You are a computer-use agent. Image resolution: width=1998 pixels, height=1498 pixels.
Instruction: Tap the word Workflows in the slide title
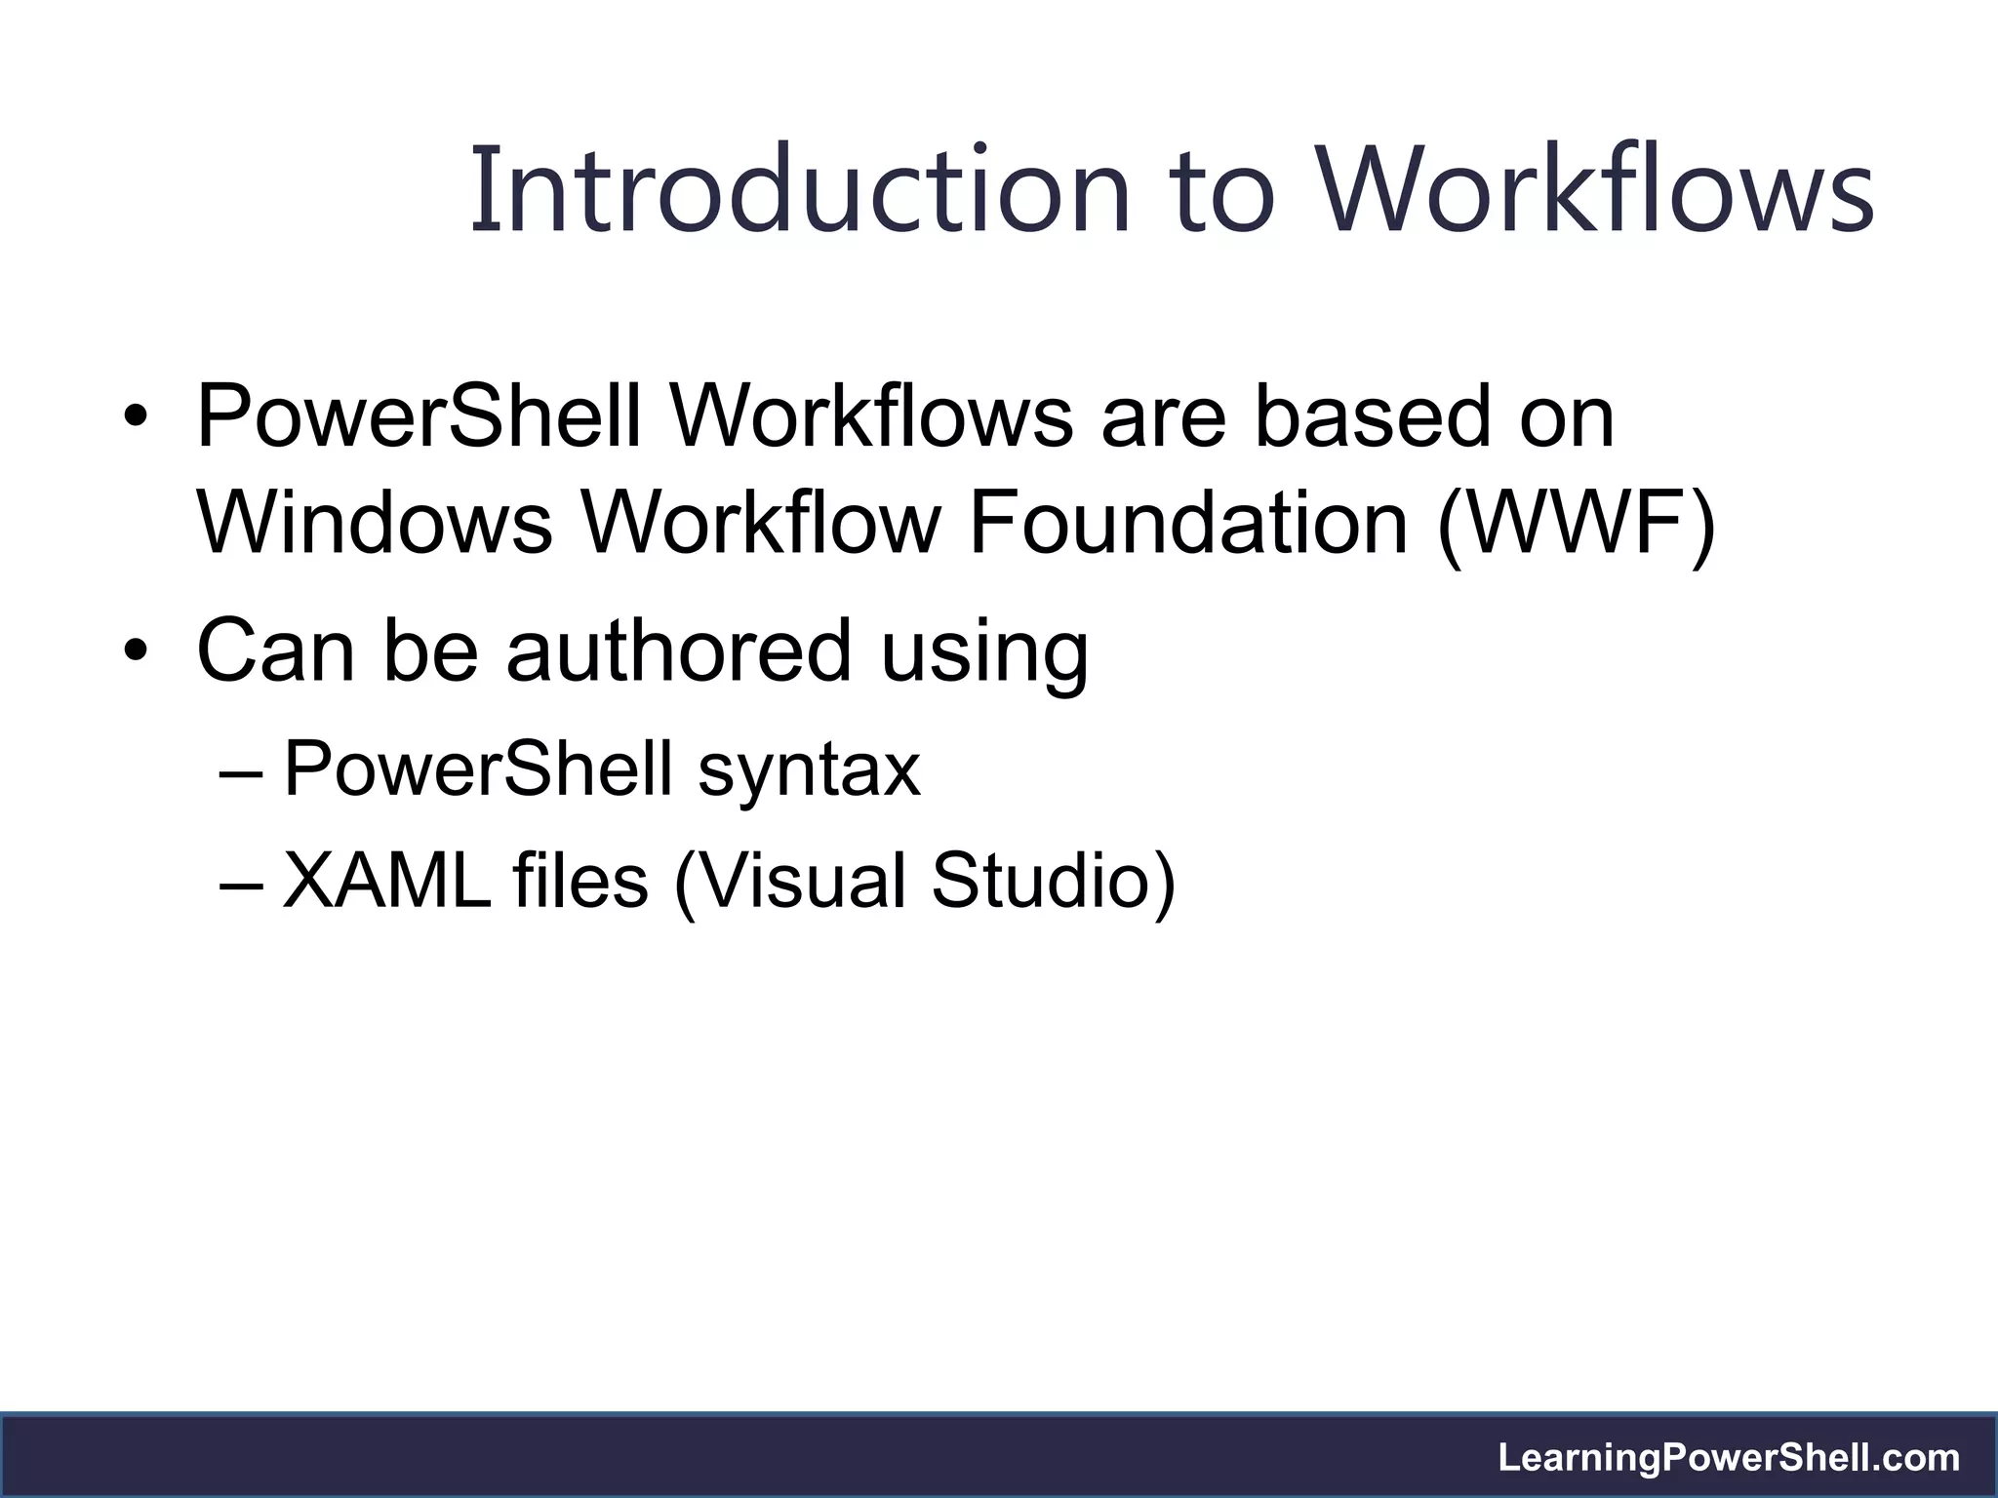coord(1596,190)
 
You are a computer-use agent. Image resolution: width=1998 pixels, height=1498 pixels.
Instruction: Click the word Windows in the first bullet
coord(375,524)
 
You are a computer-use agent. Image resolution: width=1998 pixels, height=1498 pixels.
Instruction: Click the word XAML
coord(386,881)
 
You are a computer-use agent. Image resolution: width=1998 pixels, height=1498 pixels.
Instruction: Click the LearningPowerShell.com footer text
coord(1729,1457)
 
